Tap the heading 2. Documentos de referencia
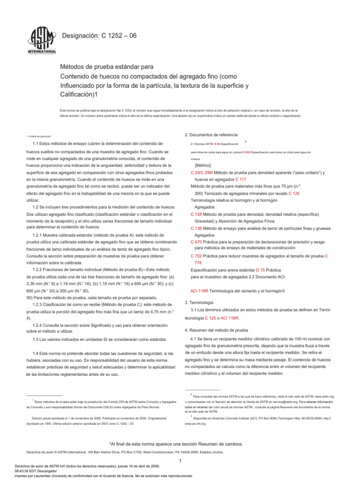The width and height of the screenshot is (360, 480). point(211,135)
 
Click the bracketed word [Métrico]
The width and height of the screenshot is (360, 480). point(202,165)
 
